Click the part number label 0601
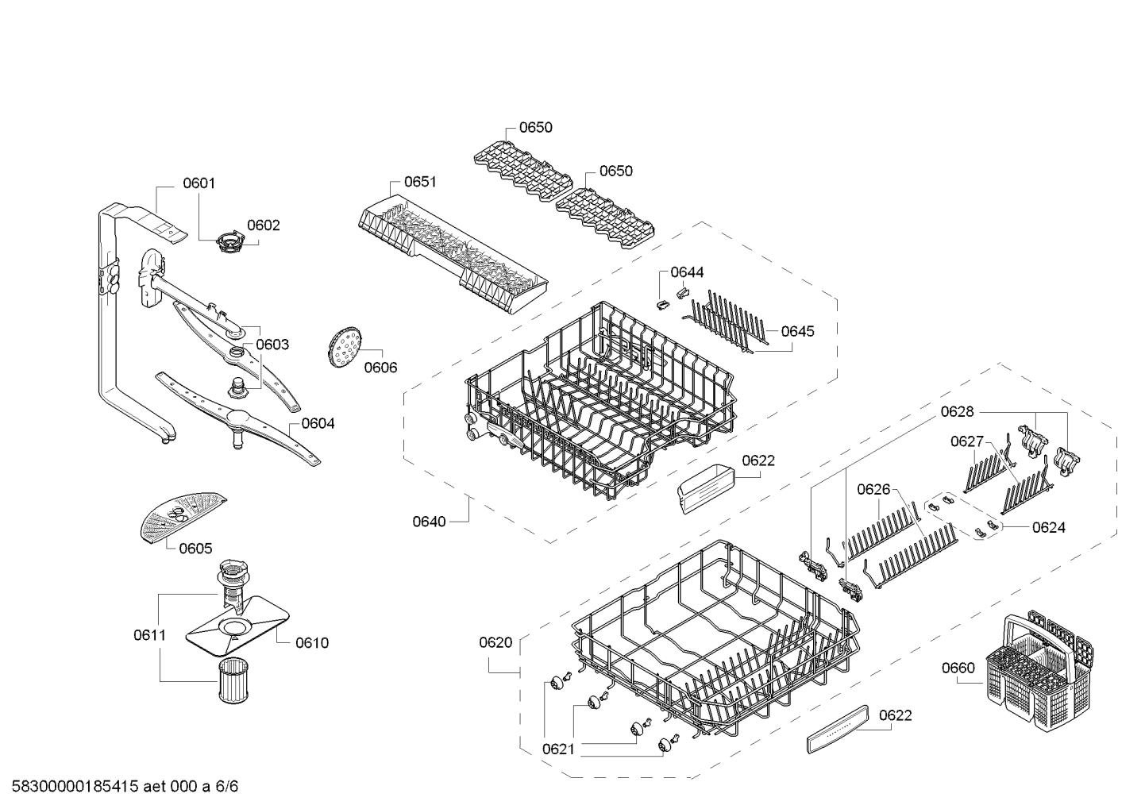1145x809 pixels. coord(199,183)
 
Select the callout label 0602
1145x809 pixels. coord(264,225)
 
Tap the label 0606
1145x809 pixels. coord(380,368)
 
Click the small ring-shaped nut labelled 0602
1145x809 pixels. coord(229,241)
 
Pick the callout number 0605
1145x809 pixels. coord(195,549)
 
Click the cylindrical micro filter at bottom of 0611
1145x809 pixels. coord(233,680)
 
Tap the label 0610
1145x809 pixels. coord(312,643)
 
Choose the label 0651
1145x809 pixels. coord(420,182)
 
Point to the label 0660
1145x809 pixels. coord(958,668)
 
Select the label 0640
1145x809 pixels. coord(429,522)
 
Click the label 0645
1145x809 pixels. coord(797,332)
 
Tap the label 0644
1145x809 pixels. coord(687,272)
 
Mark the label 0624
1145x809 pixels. coord(1049,527)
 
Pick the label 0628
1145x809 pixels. coord(958,411)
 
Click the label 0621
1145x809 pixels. coord(558,749)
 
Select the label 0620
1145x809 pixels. coord(495,642)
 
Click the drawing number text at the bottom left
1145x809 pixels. coord(125,787)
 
